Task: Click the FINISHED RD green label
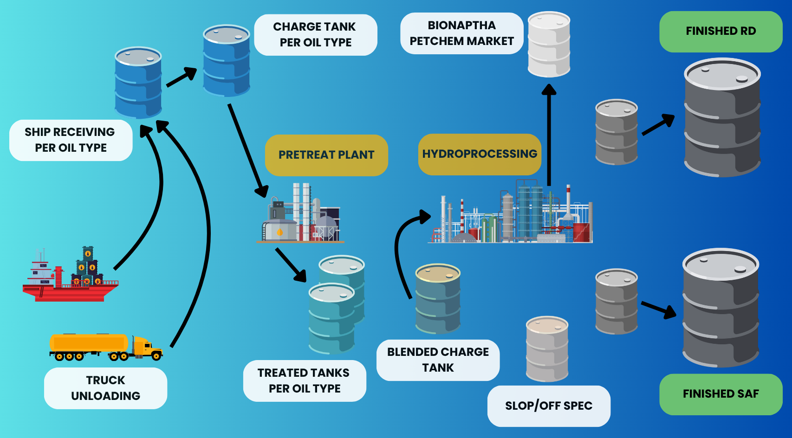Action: (x=721, y=32)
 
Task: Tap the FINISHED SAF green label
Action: (x=721, y=394)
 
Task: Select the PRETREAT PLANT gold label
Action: (x=326, y=155)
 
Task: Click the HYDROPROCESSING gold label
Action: (x=480, y=154)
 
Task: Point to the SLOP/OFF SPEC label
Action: (x=549, y=406)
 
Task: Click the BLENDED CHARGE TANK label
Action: (x=438, y=360)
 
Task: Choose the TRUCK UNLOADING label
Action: (x=105, y=388)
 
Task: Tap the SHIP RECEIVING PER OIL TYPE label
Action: (x=71, y=140)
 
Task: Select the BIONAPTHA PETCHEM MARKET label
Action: (x=461, y=33)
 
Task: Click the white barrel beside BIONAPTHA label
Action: (x=549, y=45)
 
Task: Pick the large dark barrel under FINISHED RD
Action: (x=722, y=118)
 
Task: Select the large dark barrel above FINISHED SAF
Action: (x=721, y=309)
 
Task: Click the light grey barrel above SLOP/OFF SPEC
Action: (x=547, y=349)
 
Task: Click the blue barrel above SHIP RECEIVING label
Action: (x=138, y=83)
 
